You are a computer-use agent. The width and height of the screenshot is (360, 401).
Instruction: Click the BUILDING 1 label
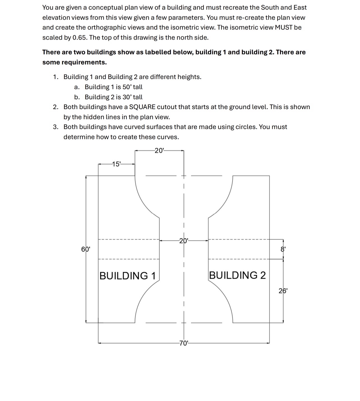click(128, 276)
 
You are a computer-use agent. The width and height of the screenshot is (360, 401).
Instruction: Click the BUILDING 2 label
click(237, 275)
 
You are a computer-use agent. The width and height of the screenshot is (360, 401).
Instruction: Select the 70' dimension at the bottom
click(184, 343)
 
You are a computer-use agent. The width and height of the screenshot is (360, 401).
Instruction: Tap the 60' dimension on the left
click(86, 249)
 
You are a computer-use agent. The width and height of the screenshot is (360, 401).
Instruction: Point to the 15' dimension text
click(116, 164)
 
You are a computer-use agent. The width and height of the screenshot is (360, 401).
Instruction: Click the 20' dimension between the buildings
click(184, 241)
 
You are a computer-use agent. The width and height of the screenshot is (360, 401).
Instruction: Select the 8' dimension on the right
click(283, 249)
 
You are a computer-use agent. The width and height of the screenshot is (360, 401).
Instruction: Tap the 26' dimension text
click(283, 291)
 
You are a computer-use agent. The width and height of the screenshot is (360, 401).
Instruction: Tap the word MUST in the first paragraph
click(284, 27)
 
